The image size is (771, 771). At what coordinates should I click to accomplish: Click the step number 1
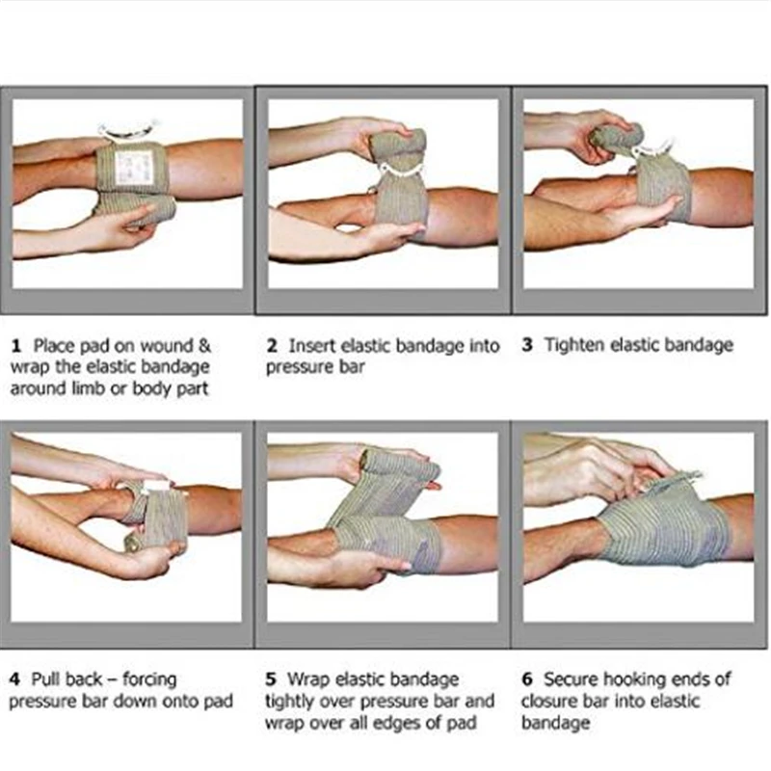click(x=16, y=346)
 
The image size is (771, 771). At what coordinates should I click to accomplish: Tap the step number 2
click(x=272, y=346)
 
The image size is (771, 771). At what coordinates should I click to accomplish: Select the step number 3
click(x=527, y=345)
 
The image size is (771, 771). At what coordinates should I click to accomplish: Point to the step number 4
click(x=14, y=679)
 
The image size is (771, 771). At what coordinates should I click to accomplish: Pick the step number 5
click(x=271, y=679)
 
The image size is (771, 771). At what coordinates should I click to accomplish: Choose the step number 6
click(x=527, y=679)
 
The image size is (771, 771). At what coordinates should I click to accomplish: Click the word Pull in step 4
click(x=46, y=679)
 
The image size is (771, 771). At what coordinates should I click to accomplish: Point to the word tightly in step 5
click(x=290, y=702)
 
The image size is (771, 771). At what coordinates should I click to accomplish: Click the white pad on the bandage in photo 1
click(x=134, y=167)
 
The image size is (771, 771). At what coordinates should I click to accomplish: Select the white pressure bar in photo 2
click(x=400, y=171)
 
